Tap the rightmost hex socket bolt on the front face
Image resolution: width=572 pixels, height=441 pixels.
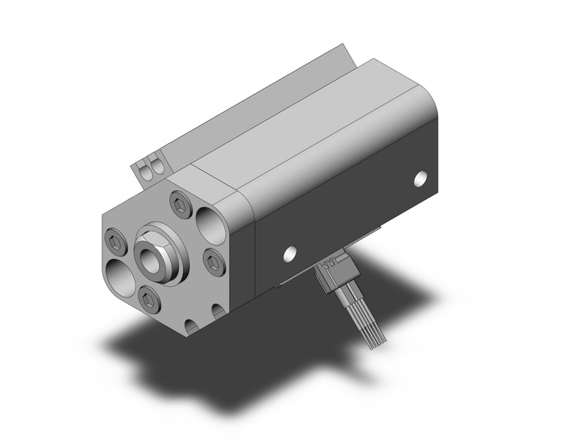click(x=213, y=260)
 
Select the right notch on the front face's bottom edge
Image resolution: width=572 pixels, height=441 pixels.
click(x=219, y=309)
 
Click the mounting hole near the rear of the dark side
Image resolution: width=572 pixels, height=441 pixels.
click(x=421, y=180)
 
